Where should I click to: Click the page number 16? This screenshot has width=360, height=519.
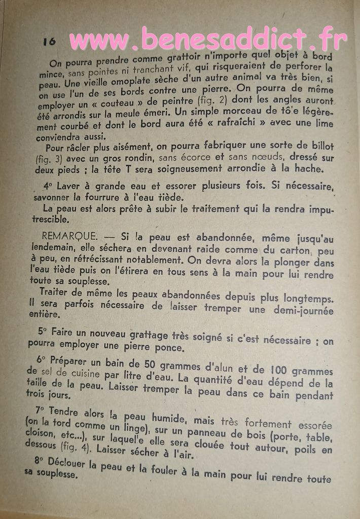pyautogui.click(x=49, y=41)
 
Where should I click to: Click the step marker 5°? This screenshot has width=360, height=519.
pyautogui.click(x=44, y=331)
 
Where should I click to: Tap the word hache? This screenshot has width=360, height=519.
pyautogui.click(x=309, y=169)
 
